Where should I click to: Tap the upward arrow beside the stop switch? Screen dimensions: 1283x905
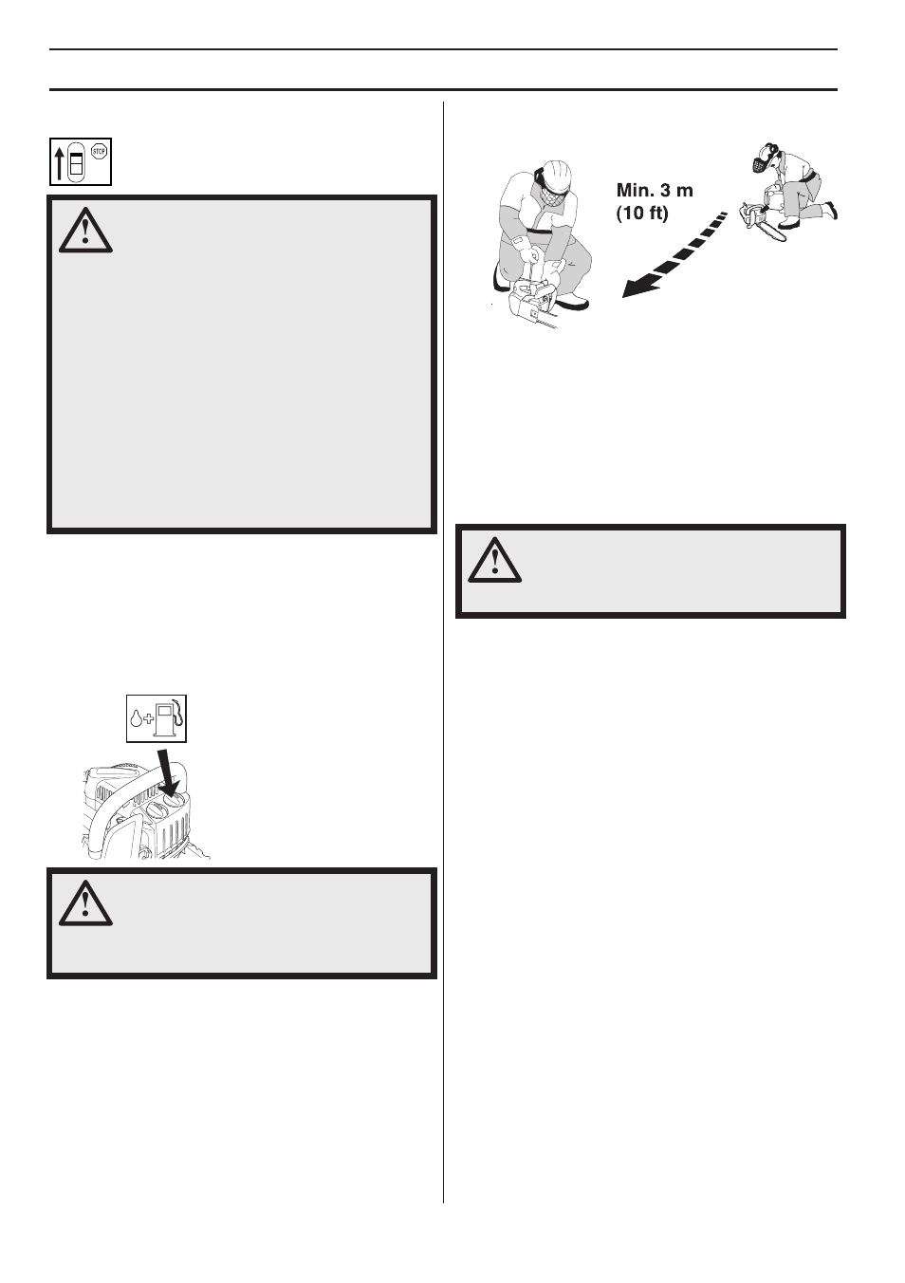pos(60,163)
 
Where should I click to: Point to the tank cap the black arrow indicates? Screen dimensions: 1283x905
pos(175,800)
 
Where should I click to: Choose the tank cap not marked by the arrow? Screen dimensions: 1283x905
pos(153,808)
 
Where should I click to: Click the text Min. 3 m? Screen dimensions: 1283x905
pos(655,191)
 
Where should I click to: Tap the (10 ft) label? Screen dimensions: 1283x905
pos(642,214)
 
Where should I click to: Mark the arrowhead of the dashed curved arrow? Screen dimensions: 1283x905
pos(632,288)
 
